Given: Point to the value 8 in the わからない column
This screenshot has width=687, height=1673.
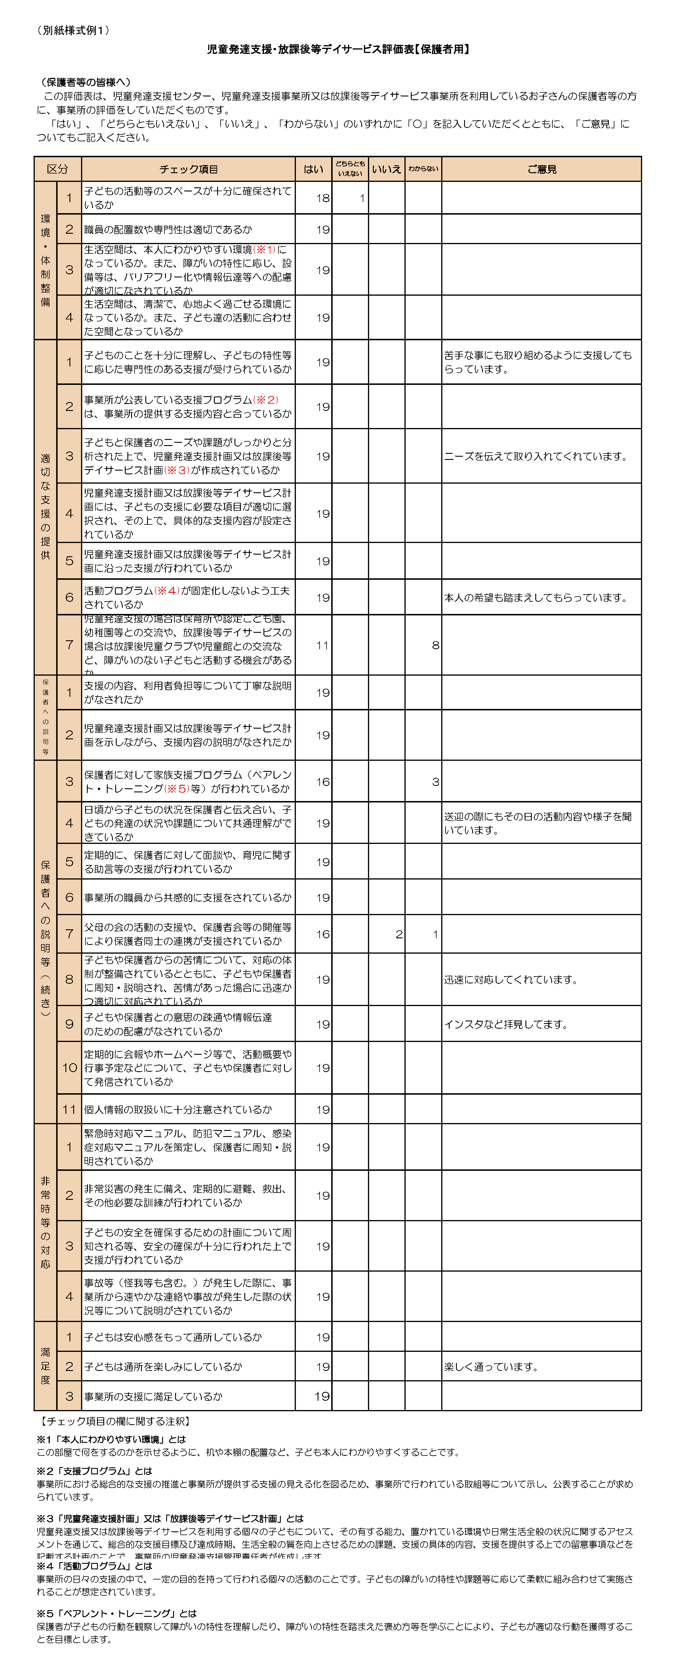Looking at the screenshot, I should pyautogui.click(x=435, y=645).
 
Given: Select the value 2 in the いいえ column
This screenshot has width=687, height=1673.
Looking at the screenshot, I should pyautogui.click(x=399, y=934).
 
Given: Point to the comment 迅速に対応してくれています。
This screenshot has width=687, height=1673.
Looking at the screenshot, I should pyautogui.click(x=510, y=979).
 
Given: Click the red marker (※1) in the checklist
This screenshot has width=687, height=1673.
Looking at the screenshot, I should pyautogui.click(x=264, y=249).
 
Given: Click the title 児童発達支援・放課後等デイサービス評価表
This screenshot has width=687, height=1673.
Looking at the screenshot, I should pyautogui.click(x=310, y=49).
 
